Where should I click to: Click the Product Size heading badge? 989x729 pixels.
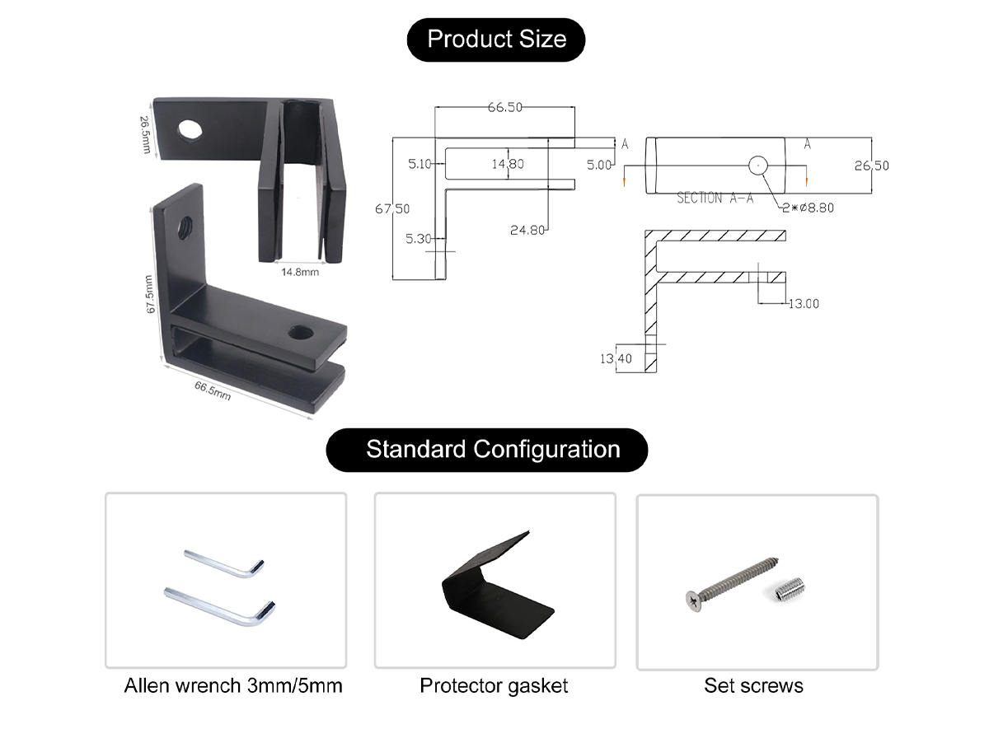[496, 40]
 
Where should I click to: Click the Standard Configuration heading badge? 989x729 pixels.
[493, 450]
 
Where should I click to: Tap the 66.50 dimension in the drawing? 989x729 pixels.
[504, 107]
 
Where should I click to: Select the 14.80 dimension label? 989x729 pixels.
[508, 164]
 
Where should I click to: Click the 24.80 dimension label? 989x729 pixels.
[527, 230]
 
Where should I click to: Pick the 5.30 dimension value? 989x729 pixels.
[419, 239]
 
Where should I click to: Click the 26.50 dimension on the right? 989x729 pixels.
[871, 166]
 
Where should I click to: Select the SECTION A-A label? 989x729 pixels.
[715, 199]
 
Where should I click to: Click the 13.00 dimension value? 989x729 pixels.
[804, 304]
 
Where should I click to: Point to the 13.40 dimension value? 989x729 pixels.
[616, 358]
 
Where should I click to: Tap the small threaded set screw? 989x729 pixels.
[790, 589]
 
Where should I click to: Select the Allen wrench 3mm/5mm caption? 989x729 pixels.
[233, 685]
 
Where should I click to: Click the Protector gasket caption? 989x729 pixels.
[494, 685]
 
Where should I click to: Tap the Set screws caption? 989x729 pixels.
[753, 685]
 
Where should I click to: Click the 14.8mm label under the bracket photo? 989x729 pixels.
[299, 272]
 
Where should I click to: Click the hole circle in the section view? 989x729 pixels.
[758, 165]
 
